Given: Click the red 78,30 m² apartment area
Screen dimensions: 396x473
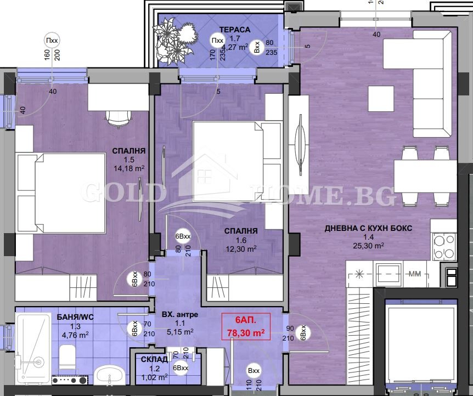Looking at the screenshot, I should (x=246, y=332).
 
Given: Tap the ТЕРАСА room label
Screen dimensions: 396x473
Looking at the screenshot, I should (x=235, y=30).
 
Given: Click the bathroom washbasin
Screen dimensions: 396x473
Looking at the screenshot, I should (x=110, y=378).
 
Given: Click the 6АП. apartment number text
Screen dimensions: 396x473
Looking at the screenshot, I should (x=245, y=320).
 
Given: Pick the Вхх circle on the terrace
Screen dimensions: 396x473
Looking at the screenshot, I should (x=257, y=48).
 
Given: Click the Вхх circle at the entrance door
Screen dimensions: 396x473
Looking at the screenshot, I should (x=254, y=371).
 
